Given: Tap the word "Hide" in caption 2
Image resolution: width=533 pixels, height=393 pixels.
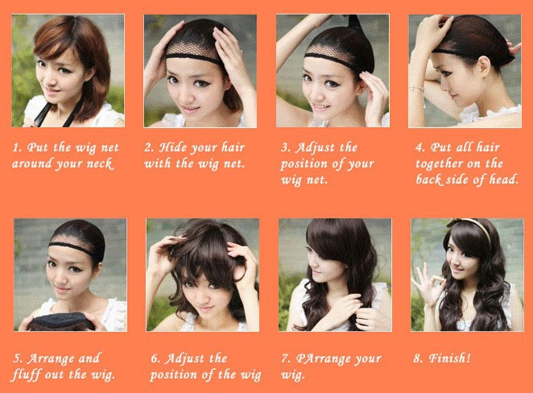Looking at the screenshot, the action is click(x=172, y=147).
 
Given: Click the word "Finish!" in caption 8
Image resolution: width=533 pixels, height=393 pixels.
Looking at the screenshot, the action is click(x=449, y=358).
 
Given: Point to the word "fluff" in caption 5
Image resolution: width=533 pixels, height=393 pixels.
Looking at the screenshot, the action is click(x=27, y=374).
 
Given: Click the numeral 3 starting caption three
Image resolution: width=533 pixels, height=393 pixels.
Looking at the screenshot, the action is click(x=285, y=148).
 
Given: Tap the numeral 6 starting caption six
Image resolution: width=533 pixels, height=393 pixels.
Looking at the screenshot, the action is click(x=155, y=358).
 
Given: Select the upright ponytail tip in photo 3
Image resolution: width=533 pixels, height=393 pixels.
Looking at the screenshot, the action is click(x=354, y=22).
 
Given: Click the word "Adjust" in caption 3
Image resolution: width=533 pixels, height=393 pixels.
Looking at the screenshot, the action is click(x=310, y=148).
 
